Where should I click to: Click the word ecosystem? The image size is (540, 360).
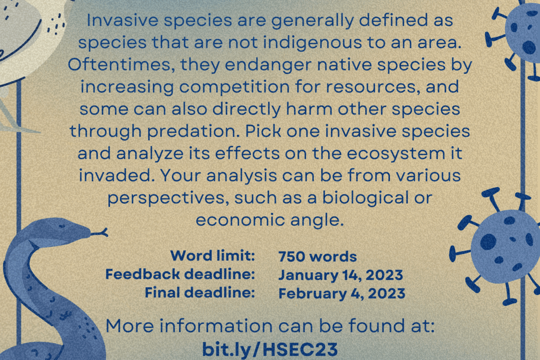(396, 154)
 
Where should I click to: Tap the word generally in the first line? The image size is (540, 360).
(313, 21)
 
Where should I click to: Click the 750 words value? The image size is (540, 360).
(317, 257)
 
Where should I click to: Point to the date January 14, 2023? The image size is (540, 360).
(341, 275)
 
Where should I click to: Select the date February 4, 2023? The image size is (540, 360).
(342, 294)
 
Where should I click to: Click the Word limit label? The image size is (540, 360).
(212, 256)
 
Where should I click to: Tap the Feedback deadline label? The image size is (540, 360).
(180, 274)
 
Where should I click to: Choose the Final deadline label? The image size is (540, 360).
(200, 293)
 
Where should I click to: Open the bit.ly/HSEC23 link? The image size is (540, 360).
(270, 349)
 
